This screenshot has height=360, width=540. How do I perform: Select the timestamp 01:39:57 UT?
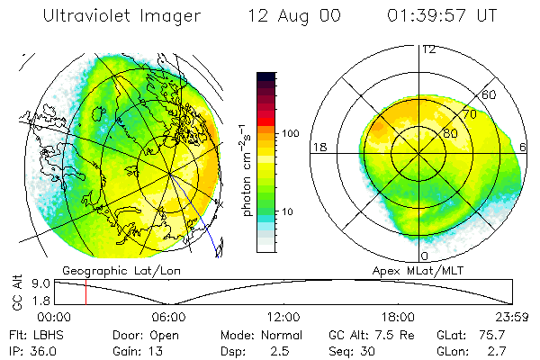442,16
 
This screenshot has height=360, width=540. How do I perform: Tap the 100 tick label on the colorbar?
291,133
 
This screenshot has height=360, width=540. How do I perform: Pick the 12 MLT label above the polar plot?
428,49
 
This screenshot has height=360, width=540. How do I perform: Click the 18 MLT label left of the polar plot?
318,147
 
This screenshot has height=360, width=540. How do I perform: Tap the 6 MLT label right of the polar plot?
524,147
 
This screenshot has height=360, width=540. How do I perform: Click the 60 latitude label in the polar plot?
490,94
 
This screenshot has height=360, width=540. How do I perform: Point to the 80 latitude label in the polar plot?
449,133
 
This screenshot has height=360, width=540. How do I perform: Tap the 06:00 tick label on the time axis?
169,317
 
